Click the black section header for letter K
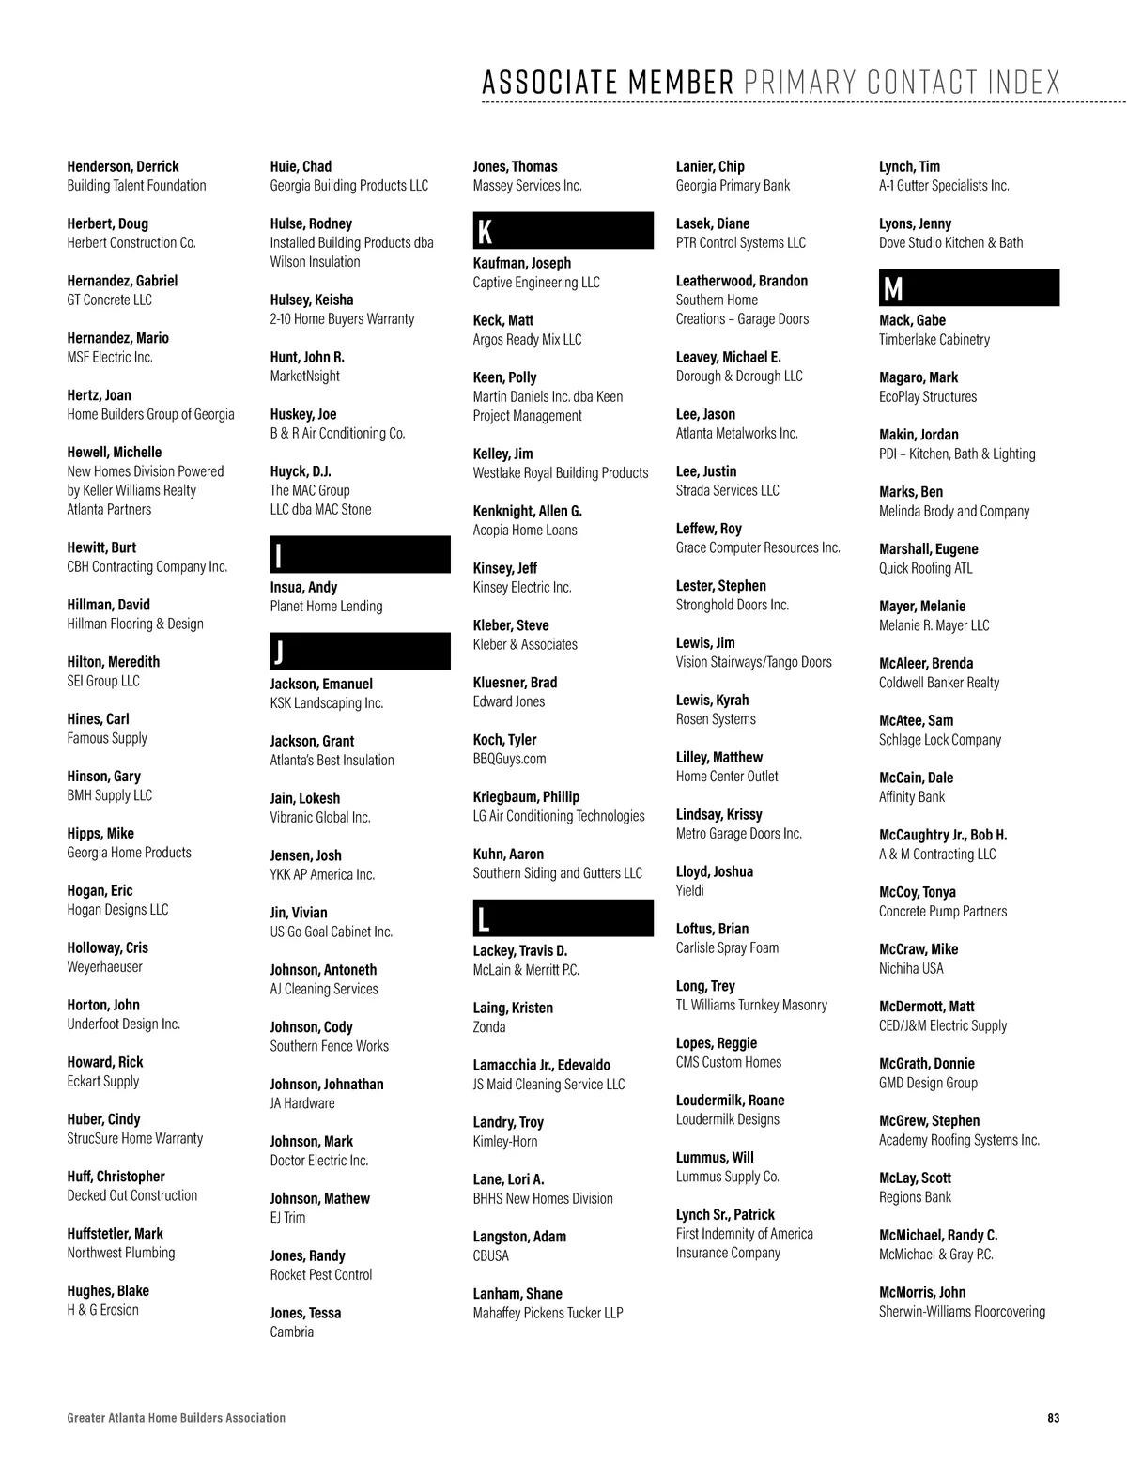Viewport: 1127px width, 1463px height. coord(563,231)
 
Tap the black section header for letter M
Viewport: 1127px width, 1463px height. coord(968,288)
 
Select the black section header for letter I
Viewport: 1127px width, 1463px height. coord(360,555)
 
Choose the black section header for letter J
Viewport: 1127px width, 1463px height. coord(360,652)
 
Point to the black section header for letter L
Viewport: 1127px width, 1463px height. coord(563,918)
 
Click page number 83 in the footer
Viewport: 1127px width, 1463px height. coord(1053,1418)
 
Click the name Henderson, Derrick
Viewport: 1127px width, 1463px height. coord(123,166)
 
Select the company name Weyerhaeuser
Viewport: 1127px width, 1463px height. coord(105,966)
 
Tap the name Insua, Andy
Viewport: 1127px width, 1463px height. coord(303,587)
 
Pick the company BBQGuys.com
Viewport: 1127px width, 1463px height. coord(509,759)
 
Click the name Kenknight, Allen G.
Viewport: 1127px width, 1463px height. coord(528,511)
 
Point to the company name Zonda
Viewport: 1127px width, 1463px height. coord(489,1027)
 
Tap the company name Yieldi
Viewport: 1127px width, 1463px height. coord(690,890)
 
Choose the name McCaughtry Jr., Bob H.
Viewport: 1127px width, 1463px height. coord(943,835)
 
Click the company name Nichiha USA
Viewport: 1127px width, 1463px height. coord(911,968)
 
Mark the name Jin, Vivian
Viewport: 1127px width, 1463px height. coord(299,913)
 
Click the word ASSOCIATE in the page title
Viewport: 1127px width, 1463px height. coord(550,83)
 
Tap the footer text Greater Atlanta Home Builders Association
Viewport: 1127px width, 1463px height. coord(177,1418)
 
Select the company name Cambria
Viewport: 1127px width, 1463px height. coord(292,1332)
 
